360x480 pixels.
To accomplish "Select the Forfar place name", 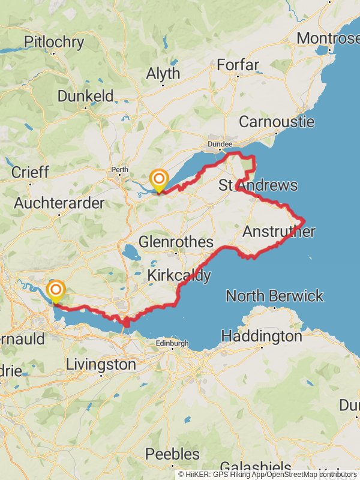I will (238, 65).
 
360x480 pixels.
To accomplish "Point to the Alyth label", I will (163, 74).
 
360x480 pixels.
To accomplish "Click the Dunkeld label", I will (85, 96).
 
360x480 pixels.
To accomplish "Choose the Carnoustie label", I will (277, 121).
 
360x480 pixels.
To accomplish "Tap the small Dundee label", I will (220, 145).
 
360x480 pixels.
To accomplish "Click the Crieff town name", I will (30, 172).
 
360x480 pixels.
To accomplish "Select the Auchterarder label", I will (59, 203).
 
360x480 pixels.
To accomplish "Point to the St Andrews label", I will (258, 185).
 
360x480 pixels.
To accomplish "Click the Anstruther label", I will (279, 232).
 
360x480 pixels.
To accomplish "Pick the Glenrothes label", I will (176, 242).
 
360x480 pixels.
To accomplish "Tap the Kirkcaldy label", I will (179, 275).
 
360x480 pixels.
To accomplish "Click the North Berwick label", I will (275, 296).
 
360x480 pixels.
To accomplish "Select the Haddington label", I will (262, 336).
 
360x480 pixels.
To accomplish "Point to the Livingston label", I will (101, 364).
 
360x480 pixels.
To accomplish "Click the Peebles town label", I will (172, 454).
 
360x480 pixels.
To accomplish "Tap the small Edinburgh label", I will (172, 344).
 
